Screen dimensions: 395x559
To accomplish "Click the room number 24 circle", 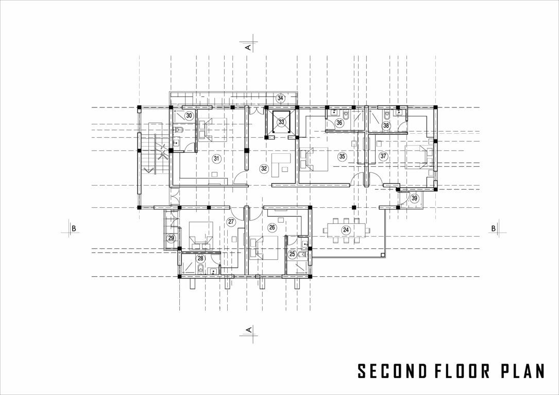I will pos(346,230).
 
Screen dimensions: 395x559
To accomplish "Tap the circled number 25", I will pos(293,254).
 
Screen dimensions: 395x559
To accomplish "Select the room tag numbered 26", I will pos(273,227).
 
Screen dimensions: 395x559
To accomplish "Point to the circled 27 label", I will pos(231,222).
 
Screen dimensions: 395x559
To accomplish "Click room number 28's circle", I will pos(200,259).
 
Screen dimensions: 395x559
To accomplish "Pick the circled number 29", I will pos(171,238).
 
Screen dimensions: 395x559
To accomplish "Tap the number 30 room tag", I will pos(189,116).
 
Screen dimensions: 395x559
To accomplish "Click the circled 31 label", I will pos(216,159).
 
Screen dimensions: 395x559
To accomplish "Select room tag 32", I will pos(264,168).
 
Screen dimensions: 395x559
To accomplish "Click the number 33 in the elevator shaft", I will pos(281,122).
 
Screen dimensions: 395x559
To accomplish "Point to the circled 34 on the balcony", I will pos(280,98).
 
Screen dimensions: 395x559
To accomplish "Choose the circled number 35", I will pos(342,156).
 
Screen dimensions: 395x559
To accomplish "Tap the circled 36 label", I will pos(339,122).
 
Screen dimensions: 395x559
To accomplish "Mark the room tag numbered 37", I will pos(383,156).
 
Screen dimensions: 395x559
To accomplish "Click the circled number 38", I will pos(386,125).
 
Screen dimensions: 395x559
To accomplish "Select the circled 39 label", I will pos(415,198).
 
